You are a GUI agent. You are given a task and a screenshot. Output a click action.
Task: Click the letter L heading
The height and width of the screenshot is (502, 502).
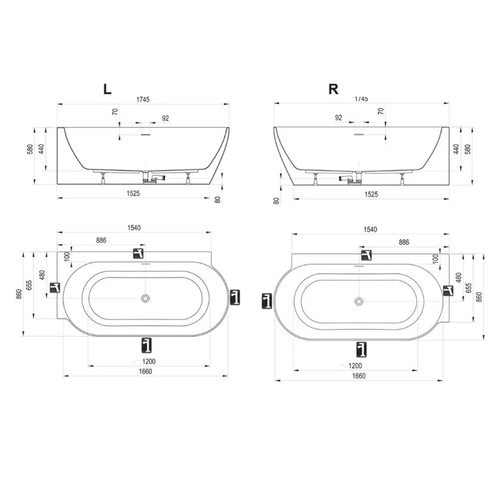click(107, 89)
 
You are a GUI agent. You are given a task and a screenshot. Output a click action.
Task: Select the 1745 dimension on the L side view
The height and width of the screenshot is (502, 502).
click(144, 100)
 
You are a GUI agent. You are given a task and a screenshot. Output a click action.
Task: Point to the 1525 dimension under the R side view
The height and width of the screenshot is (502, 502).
click(371, 194)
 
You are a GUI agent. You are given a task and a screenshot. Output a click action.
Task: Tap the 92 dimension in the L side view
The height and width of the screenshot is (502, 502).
click(165, 118)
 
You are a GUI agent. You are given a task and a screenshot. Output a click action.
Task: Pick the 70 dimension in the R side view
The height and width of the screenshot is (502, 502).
click(381, 111)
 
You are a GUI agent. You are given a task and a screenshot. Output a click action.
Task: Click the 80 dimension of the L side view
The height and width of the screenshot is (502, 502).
click(218, 200)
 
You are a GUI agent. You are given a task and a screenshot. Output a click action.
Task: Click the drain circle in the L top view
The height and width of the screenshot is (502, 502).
click(145, 298)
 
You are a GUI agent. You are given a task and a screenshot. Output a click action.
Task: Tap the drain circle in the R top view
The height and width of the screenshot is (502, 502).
click(359, 301)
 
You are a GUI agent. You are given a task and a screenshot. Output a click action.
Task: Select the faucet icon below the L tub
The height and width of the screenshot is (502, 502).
click(146, 344)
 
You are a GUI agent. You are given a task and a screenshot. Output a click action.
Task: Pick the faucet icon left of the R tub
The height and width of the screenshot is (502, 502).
click(266, 301)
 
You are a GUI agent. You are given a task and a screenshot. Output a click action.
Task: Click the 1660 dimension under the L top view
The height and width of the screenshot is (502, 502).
click(144, 371)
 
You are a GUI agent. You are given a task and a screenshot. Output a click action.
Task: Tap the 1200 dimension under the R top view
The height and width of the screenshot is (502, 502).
click(355, 365)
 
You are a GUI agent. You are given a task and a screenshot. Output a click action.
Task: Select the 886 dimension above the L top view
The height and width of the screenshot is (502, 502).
click(101, 240)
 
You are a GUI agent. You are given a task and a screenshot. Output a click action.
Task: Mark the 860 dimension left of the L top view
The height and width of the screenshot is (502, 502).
click(17, 294)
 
